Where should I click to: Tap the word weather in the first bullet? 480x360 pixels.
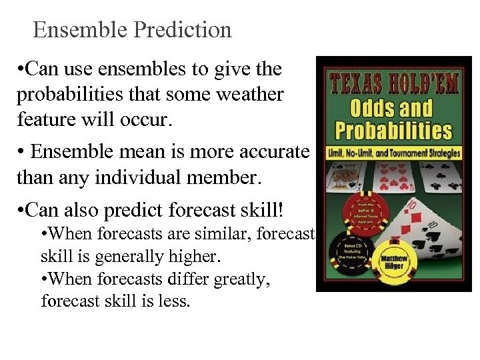point(247,95)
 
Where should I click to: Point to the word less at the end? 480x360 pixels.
point(175,302)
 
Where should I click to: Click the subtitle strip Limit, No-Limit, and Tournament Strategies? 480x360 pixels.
point(393,153)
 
